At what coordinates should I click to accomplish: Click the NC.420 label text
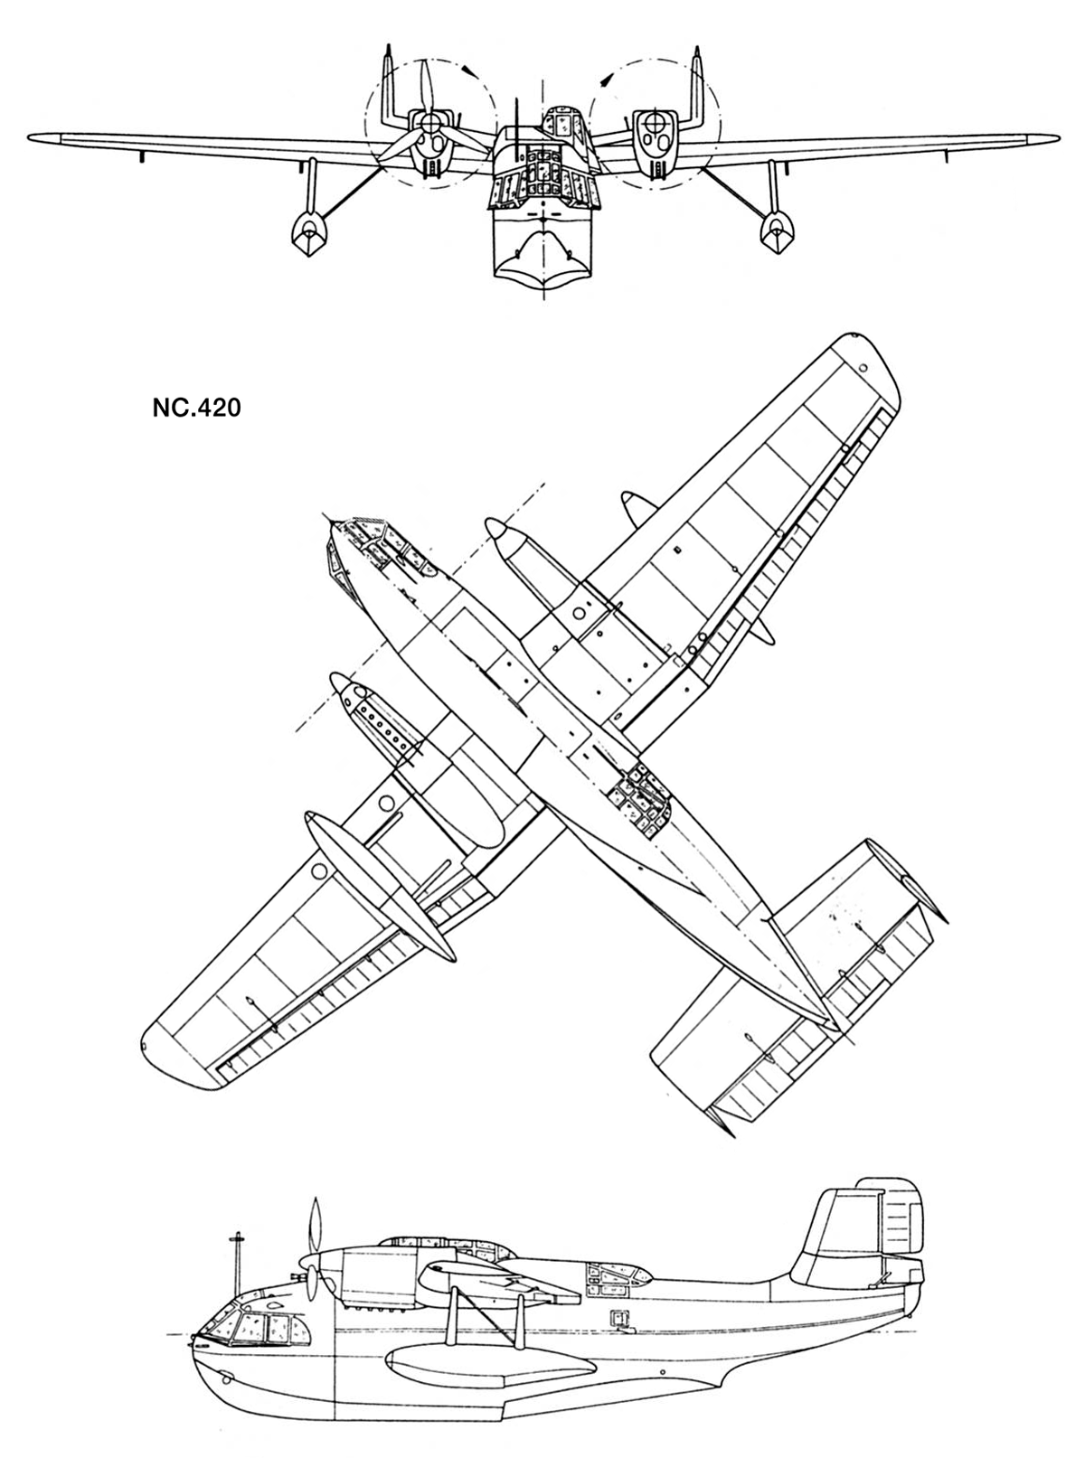pos(196,409)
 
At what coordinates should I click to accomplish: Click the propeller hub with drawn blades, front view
pos(430,122)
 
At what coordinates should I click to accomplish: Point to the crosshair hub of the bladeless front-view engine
pos(653,122)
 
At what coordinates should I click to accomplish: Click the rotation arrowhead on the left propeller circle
pos(468,70)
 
